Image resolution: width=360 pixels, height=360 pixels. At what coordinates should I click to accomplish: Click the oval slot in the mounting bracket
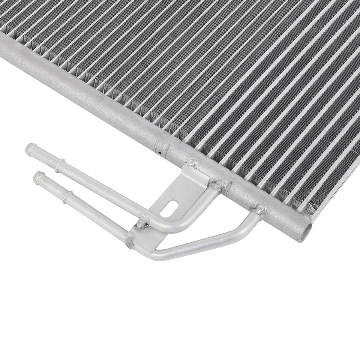(169, 208)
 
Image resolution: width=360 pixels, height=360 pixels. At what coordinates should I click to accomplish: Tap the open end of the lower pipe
(37, 177)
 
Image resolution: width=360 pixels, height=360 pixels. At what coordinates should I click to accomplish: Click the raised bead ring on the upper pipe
(60, 165)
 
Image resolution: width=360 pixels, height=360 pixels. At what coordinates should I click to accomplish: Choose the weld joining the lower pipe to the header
(260, 208)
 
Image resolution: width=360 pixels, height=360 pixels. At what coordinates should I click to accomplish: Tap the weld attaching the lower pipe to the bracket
(130, 240)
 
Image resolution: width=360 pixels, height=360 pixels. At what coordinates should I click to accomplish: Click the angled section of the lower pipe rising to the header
(244, 229)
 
